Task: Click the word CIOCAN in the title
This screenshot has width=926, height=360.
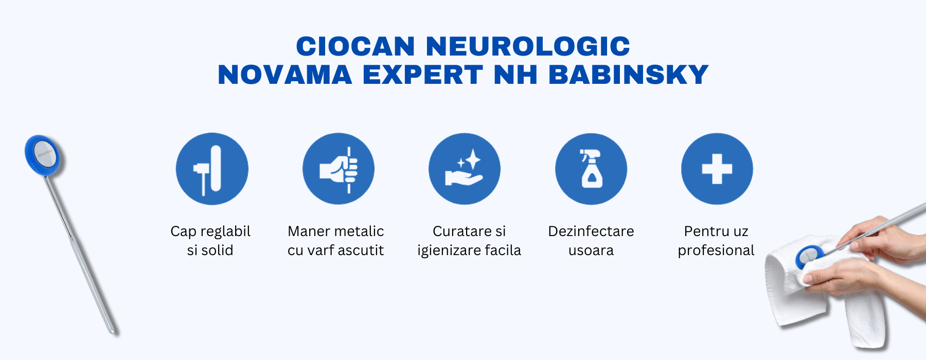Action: pos(355,46)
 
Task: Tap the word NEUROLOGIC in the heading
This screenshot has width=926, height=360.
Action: pos(528,46)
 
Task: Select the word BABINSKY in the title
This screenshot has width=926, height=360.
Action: pos(629,75)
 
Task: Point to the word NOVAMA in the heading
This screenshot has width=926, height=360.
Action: pos(285,75)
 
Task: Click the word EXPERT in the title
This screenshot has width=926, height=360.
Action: pos(423,75)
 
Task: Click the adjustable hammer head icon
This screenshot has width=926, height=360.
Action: pos(212,169)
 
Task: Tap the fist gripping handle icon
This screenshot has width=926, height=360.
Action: pos(338,169)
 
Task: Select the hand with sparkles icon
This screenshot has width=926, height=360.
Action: pos(465,169)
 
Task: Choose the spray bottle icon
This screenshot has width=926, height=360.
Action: pos(591,169)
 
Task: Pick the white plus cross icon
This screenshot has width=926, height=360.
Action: pos(717,169)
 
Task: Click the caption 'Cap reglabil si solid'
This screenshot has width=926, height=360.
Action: pos(210,241)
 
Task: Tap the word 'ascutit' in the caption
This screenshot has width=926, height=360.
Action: pos(360,250)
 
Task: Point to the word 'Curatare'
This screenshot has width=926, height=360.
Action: pos(457,231)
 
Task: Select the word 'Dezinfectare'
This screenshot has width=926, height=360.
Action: pos(591,231)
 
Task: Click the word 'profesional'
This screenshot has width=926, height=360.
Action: pos(716,250)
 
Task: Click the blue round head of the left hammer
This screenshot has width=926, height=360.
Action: pos(42,155)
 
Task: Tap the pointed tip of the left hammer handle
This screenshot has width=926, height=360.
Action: pos(112,331)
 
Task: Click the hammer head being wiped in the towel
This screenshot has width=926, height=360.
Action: pos(809,256)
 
